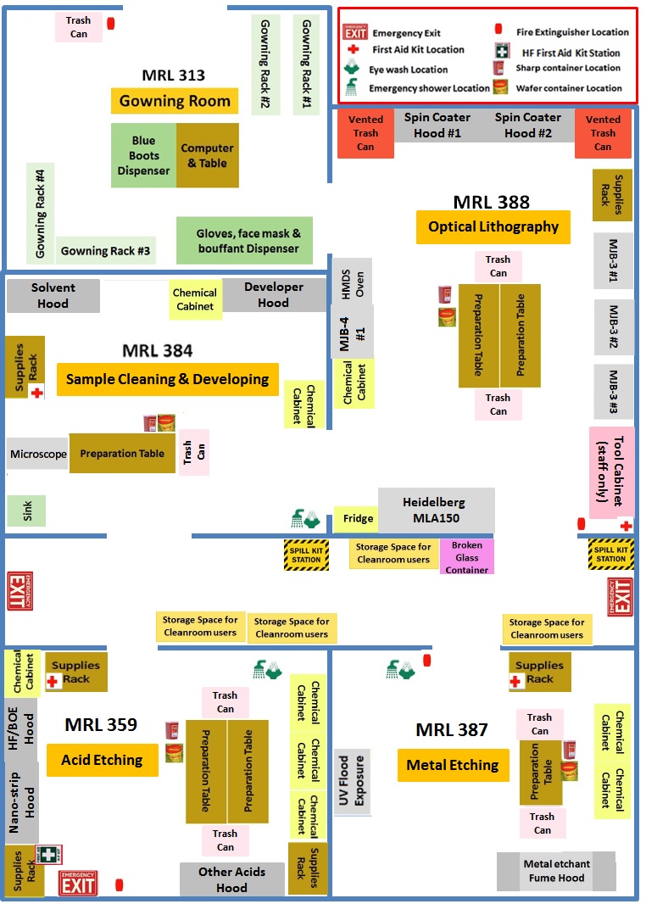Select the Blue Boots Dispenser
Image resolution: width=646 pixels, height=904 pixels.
pos(144,155)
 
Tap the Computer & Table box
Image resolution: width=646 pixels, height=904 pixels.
pos(207,155)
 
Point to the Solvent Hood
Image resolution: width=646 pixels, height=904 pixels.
pos(53,295)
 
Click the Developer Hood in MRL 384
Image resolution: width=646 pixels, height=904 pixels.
pos(274,294)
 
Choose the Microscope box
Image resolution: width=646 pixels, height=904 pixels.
pos(38,454)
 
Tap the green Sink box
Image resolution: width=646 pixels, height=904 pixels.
pos(26,511)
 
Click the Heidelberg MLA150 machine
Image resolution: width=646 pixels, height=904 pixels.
pos(435,510)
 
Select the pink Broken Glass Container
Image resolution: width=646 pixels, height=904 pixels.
pos(467,557)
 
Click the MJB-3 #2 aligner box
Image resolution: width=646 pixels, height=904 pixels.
pos(614,326)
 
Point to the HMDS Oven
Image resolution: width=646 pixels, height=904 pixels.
pos(352,280)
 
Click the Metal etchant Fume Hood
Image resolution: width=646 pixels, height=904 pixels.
pos(556,871)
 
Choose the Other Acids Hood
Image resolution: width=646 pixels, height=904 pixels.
pos(231,879)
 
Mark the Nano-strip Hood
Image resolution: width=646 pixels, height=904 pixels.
pos(22,801)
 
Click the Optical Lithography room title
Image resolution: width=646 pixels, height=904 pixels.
pos(493,226)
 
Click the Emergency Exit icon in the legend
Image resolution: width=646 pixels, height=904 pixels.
pos(354,33)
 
